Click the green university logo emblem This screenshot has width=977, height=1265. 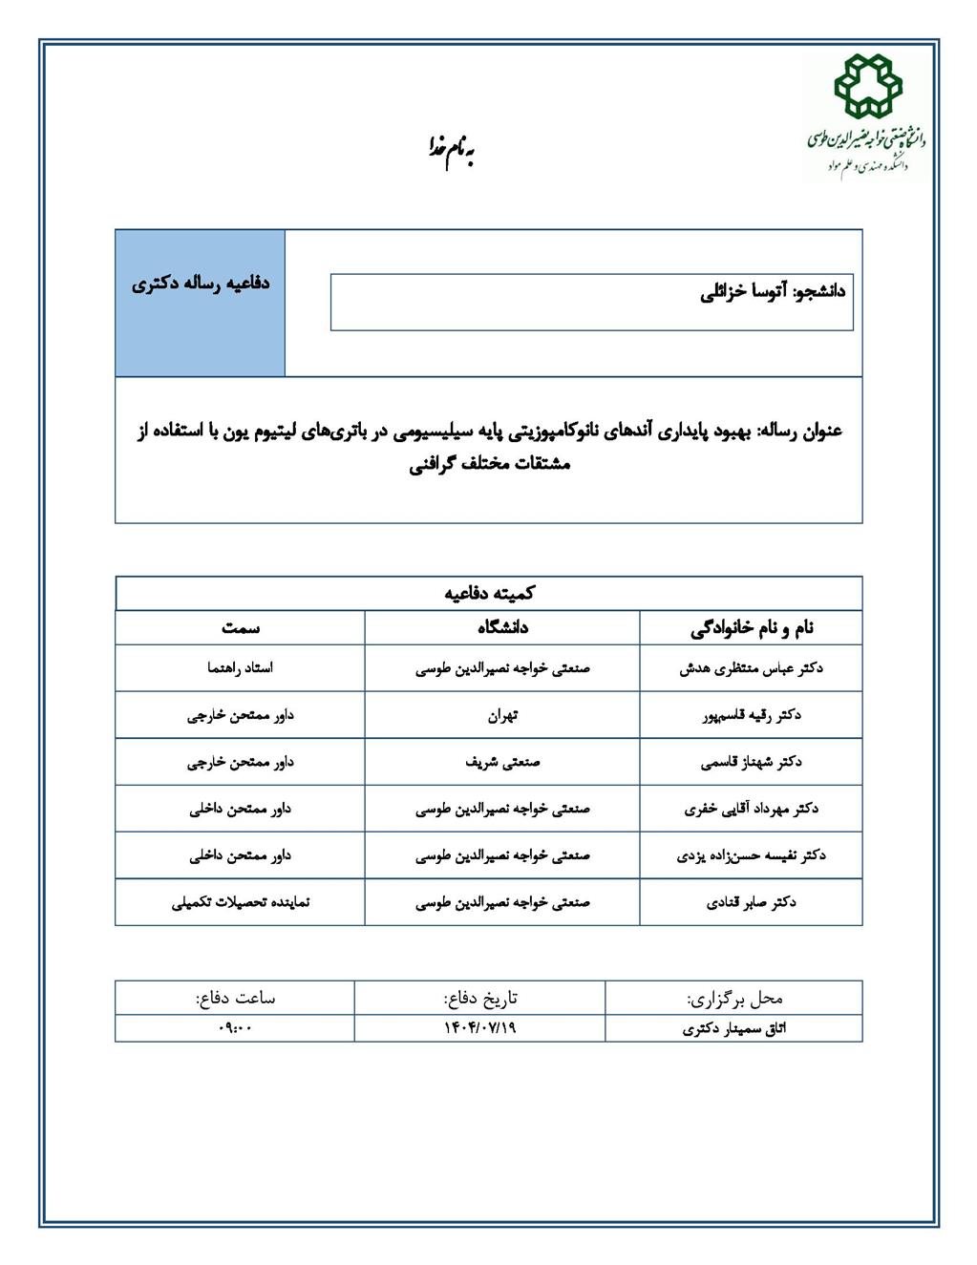[x=866, y=88]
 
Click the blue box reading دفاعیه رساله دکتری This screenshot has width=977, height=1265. [x=201, y=284]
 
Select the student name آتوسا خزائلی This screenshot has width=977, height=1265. [x=772, y=292]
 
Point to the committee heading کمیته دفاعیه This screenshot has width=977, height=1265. [x=489, y=593]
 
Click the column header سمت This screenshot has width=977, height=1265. [x=241, y=627]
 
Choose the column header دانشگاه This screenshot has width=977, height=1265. [x=502, y=627]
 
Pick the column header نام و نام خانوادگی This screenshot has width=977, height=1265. [x=752, y=627]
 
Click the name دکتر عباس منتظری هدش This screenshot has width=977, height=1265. [x=751, y=668]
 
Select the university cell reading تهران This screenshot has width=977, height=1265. [x=502, y=715]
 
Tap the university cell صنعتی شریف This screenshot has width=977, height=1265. [x=502, y=762]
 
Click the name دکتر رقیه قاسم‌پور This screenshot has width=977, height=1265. [x=751, y=715]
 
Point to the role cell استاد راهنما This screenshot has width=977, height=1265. [x=241, y=668]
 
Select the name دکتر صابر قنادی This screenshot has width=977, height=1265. [x=751, y=902]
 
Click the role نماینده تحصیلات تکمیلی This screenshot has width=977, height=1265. [x=241, y=902]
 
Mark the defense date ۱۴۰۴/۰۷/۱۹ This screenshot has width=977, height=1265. [x=479, y=1027]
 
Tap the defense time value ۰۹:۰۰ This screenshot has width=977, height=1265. [x=235, y=1027]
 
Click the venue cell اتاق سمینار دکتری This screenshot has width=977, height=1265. [x=734, y=1028]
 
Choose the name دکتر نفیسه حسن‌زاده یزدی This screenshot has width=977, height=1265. [x=751, y=855]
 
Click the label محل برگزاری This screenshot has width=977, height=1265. [x=734, y=998]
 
